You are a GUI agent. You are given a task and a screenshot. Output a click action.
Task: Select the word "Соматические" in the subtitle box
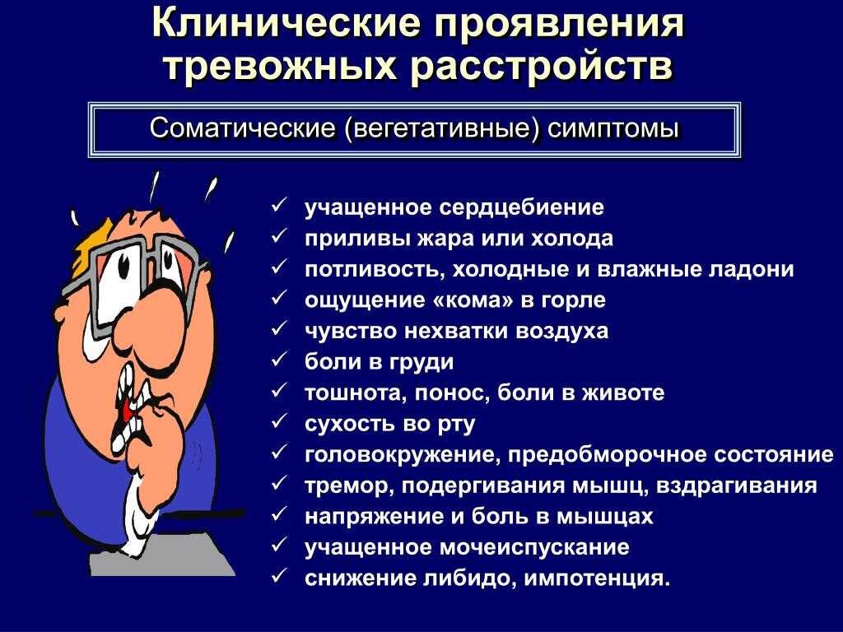[243, 129]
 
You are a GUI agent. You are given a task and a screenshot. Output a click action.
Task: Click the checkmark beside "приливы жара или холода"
[278, 238]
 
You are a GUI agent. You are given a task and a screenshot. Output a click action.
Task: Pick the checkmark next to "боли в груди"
[278, 361]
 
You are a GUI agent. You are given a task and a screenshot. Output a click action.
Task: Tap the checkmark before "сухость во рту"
[278, 423]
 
